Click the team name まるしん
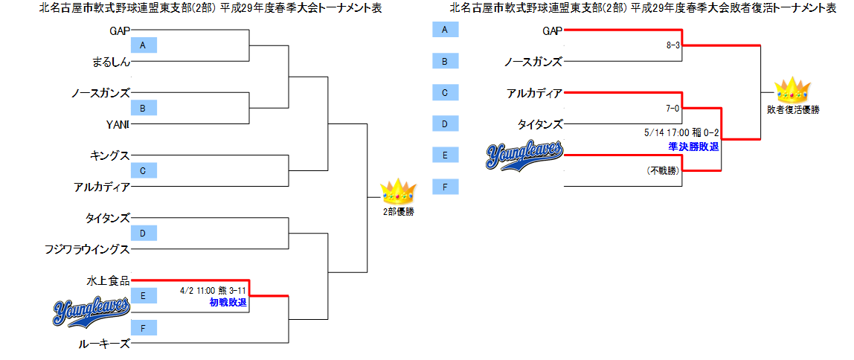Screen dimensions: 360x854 click(109, 62)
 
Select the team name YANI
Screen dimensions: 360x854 click(118, 123)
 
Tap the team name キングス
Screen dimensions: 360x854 click(109, 155)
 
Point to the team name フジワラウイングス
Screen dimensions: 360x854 click(88, 250)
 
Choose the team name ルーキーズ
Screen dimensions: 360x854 click(104, 344)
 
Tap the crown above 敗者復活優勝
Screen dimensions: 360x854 click(792, 91)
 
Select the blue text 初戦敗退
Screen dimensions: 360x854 click(228, 303)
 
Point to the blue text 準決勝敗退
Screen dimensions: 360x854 click(693, 147)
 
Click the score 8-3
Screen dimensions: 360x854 click(673, 45)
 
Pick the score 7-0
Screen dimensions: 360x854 click(673, 109)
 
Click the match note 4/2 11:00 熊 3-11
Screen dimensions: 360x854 click(213, 291)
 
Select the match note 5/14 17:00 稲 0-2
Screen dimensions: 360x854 click(681, 133)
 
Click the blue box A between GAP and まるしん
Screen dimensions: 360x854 click(144, 46)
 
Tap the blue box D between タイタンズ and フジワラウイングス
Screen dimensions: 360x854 click(144, 234)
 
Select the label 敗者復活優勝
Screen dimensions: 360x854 click(793, 110)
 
